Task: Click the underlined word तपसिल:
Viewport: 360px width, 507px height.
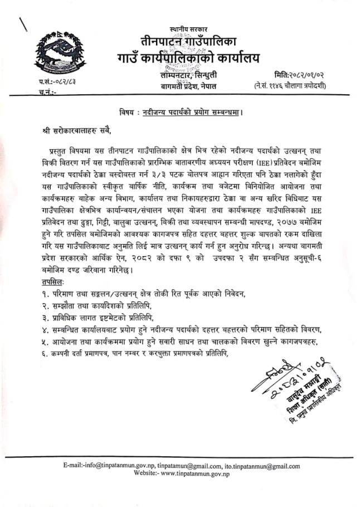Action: click(x=39, y=283)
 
